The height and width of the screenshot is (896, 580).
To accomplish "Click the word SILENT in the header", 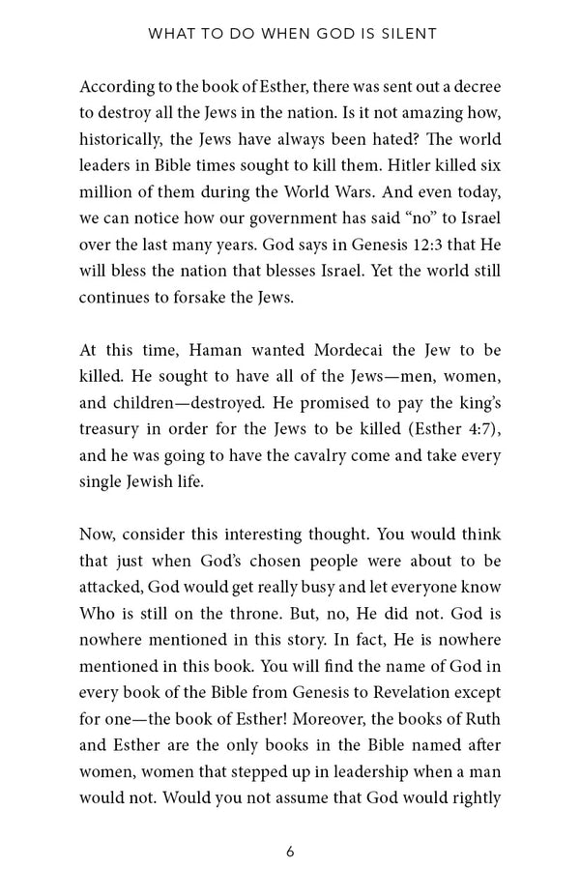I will coord(407,34).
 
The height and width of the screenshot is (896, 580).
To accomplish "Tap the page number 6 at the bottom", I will coord(290,851).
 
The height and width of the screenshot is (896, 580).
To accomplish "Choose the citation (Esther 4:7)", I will coord(446,427).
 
